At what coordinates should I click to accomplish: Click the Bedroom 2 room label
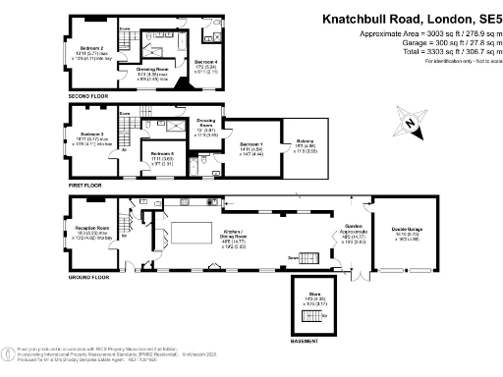(91, 47)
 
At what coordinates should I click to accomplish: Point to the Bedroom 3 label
(91, 133)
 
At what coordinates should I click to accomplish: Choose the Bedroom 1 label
(251, 143)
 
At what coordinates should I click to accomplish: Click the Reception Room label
(91, 227)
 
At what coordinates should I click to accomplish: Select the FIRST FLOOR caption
(84, 184)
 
